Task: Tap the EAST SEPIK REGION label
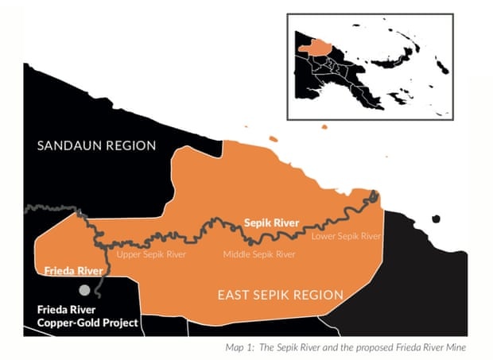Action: (281, 296)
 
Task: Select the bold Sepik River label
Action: (270, 223)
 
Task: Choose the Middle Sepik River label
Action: (258, 254)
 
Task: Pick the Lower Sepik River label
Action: (346, 236)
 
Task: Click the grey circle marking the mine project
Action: (83, 290)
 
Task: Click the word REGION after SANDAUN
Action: (132, 145)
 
